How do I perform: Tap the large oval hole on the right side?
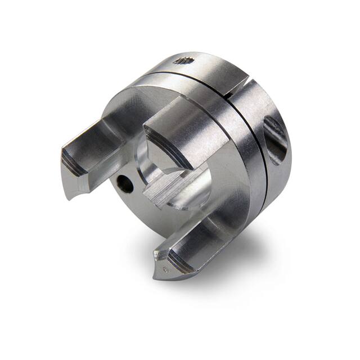276,139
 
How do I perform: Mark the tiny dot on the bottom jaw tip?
164,270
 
